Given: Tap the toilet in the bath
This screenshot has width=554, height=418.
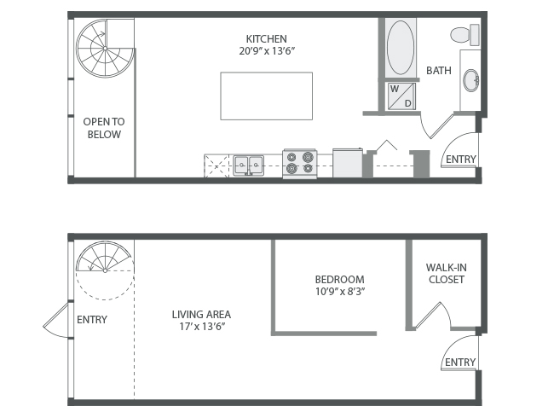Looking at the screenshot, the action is pos(465,35).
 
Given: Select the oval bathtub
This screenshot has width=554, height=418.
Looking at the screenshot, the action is pos(401,48).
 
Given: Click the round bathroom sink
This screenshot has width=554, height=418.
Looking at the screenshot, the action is pos(471,80).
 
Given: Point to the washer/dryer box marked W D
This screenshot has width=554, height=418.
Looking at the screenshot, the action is pos(401,96).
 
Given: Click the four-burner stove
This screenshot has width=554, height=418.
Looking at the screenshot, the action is pos(300,163).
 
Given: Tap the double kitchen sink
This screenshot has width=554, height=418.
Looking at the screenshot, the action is pos(248,165).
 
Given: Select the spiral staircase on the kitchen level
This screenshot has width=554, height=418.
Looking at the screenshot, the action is pos(106,48).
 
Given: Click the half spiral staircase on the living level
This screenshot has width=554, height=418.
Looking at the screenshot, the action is pos(105,257).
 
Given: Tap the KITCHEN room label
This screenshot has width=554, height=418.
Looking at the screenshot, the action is pos(267,38).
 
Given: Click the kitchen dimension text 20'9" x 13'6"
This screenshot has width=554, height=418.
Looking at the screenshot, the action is pos(267,51).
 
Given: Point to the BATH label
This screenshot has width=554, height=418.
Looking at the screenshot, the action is pos(439,70).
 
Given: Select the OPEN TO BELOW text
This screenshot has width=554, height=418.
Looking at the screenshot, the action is pos(104,128).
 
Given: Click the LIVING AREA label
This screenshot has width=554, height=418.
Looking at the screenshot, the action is pos(201,314).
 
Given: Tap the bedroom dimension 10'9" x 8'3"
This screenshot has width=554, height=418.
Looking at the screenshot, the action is pos(340,292).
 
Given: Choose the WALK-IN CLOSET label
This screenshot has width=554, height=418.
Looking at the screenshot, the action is pos(447,273).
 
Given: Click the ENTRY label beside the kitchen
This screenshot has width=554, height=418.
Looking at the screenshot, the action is pos(461,160).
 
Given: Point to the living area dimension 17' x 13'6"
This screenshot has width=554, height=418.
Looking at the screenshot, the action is pos(202,326).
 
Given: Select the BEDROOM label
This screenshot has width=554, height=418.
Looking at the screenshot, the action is pos(339,279).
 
